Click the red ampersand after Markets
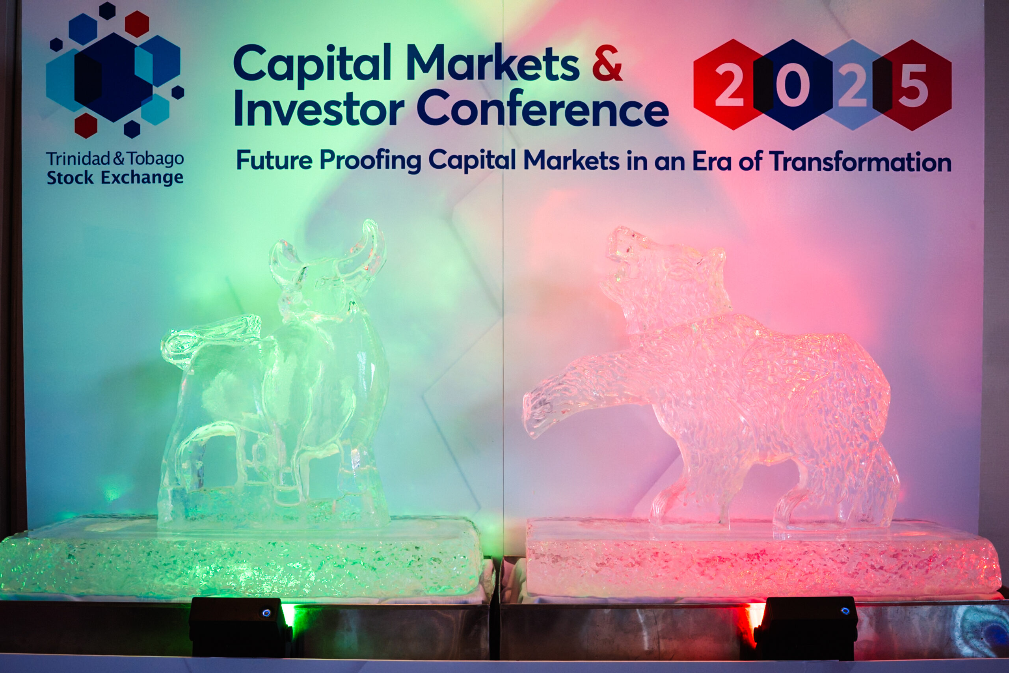pyautogui.click(x=607, y=63)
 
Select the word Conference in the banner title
pyautogui.click(x=543, y=108)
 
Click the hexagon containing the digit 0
pyautogui.click(x=792, y=84)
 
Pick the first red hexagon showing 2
pyautogui.click(x=729, y=84)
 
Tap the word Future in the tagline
pyautogui.click(x=275, y=160)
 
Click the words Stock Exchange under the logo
pyautogui.click(x=115, y=177)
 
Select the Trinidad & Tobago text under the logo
pyautogui.click(x=115, y=158)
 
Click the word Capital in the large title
pyautogui.click(x=312, y=64)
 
